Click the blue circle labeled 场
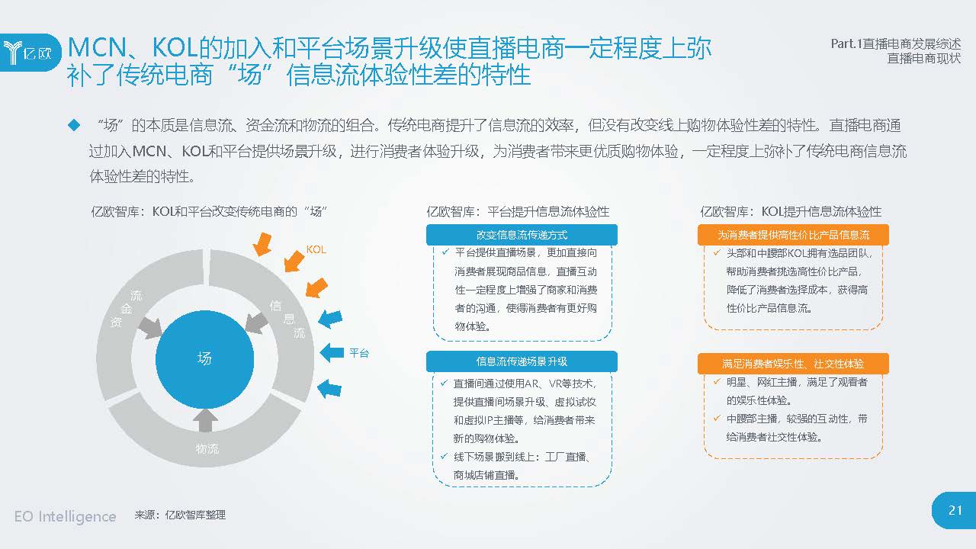click(204, 359)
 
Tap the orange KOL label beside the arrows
click(316, 249)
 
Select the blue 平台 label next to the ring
click(359, 353)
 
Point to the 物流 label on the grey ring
click(207, 449)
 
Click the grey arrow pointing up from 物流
click(205, 420)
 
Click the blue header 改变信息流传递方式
click(522, 236)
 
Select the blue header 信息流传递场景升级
click(522, 361)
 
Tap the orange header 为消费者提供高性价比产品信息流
click(793, 236)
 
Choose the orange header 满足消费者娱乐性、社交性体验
click(793, 364)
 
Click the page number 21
click(955, 510)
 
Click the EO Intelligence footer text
click(66, 517)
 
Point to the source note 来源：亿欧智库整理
click(180, 515)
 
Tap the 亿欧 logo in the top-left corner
click(29, 53)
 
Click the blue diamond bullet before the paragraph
click(74, 126)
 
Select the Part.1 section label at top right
click(896, 44)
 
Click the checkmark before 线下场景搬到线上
click(444, 456)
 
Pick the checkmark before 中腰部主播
click(717, 419)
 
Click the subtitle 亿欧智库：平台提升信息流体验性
click(518, 212)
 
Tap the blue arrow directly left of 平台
click(332, 352)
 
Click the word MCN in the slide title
click(97, 47)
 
